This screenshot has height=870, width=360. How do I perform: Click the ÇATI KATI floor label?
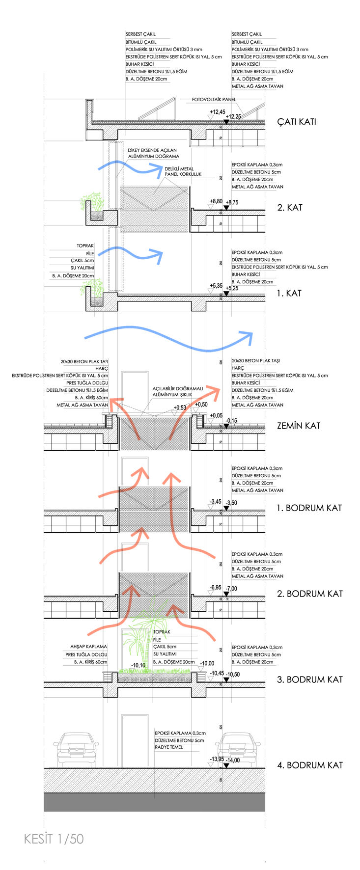click(x=296, y=122)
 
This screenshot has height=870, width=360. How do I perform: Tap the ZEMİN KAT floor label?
click(x=298, y=426)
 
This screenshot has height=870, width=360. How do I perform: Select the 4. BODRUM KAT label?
click(x=309, y=765)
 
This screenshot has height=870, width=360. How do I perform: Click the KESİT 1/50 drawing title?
click(x=54, y=839)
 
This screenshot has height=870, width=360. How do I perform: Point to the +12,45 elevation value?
click(x=217, y=112)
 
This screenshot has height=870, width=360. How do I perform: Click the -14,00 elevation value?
click(x=232, y=760)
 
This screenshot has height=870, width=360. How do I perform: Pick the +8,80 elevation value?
click(x=216, y=201)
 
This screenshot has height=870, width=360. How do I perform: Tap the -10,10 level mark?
click(x=138, y=666)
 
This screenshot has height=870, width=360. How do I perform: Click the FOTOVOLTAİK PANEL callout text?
click(x=214, y=100)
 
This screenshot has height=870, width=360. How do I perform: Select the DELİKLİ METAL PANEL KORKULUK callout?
click(x=183, y=171)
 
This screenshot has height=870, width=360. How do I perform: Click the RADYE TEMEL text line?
click(x=168, y=747)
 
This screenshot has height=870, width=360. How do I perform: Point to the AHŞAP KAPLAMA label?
click(x=88, y=647)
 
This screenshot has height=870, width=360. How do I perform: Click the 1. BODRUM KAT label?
click(x=308, y=508)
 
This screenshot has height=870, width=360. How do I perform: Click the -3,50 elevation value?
click(x=230, y=503)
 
